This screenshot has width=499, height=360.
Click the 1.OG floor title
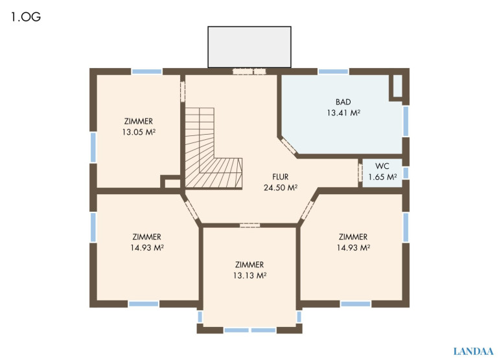point(26,17)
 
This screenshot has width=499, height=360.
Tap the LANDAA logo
point(473,352)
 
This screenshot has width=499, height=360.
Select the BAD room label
point(343,102)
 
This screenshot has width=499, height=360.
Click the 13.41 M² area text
point(343,113)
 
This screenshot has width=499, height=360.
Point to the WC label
point(382,166)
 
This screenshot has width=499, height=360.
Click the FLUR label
point(281,177)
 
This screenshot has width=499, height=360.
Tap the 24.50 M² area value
point(281,188)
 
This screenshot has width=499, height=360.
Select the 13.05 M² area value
point(139,132)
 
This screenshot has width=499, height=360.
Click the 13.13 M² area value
point(250,275)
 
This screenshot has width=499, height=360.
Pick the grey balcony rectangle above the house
point(250,47)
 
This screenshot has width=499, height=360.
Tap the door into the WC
point(360,173)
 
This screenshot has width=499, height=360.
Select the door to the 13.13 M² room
point(250,225)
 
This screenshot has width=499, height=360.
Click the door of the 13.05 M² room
point(183,91)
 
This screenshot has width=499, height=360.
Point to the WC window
point(406,173)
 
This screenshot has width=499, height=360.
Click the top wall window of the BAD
point(334,72)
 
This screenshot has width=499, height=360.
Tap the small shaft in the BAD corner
point(398,87)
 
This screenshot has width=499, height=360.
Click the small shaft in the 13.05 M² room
point(171,182)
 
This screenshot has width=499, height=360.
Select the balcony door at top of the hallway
point(250,72)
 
